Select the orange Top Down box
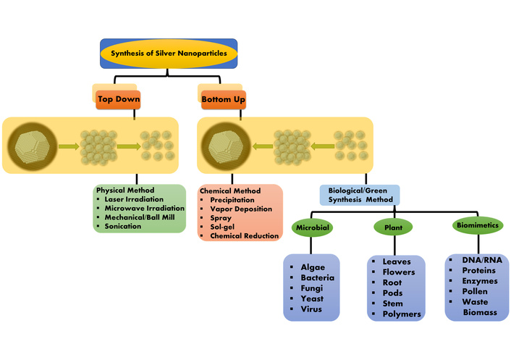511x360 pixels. [119, 99]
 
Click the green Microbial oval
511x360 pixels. [311, 227]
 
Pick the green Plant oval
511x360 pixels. [388, 227]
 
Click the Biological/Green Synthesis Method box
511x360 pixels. [360, 195]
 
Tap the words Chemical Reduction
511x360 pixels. [243, 236]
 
